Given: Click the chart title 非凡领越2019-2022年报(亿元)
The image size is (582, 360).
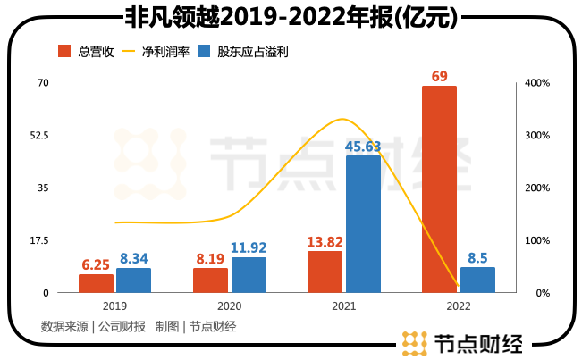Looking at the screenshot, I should (x=290, y=16).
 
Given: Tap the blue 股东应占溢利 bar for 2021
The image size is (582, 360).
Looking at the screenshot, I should (x=363, y=224).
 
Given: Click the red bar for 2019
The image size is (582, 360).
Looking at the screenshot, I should (x=96, y=283).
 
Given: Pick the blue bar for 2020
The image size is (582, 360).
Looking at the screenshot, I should (x=249, y=275).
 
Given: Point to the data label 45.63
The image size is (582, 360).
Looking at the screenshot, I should (x=363, y=146).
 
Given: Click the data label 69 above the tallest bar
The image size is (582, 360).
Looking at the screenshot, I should (x=439, y=76).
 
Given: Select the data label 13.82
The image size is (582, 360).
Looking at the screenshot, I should (x=325, y=241).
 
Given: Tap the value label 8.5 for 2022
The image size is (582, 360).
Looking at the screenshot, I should (x=477, y=257).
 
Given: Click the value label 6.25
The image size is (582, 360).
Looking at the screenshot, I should (x=96, y=264).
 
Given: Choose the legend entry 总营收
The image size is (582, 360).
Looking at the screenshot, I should (x=86, y=51).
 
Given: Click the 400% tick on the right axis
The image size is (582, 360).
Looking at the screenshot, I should (x=537, y=83).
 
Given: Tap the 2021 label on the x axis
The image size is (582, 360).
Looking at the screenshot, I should (x=343, y=306).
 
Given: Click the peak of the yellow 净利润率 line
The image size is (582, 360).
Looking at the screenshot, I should (x=341, y=119).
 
